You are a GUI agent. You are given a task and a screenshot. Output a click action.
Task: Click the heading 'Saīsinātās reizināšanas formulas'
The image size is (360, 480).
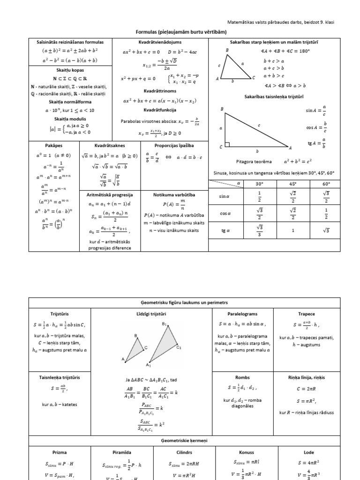[x=70, y=42]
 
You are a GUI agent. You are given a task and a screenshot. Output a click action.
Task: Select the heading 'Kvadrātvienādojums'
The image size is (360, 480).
[x=160, y=42]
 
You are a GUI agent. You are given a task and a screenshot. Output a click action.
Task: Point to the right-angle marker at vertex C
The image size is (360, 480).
[x=227, y=145]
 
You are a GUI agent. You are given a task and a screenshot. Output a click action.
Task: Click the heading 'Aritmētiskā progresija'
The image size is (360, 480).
[x=111, y=194]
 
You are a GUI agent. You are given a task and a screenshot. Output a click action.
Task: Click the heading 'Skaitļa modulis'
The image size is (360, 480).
[x=70, y=119]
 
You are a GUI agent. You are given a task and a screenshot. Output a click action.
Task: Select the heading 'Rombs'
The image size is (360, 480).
[x=239, y=377]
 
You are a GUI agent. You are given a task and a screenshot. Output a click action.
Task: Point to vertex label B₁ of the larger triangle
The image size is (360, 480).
[x=165, y=324]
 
